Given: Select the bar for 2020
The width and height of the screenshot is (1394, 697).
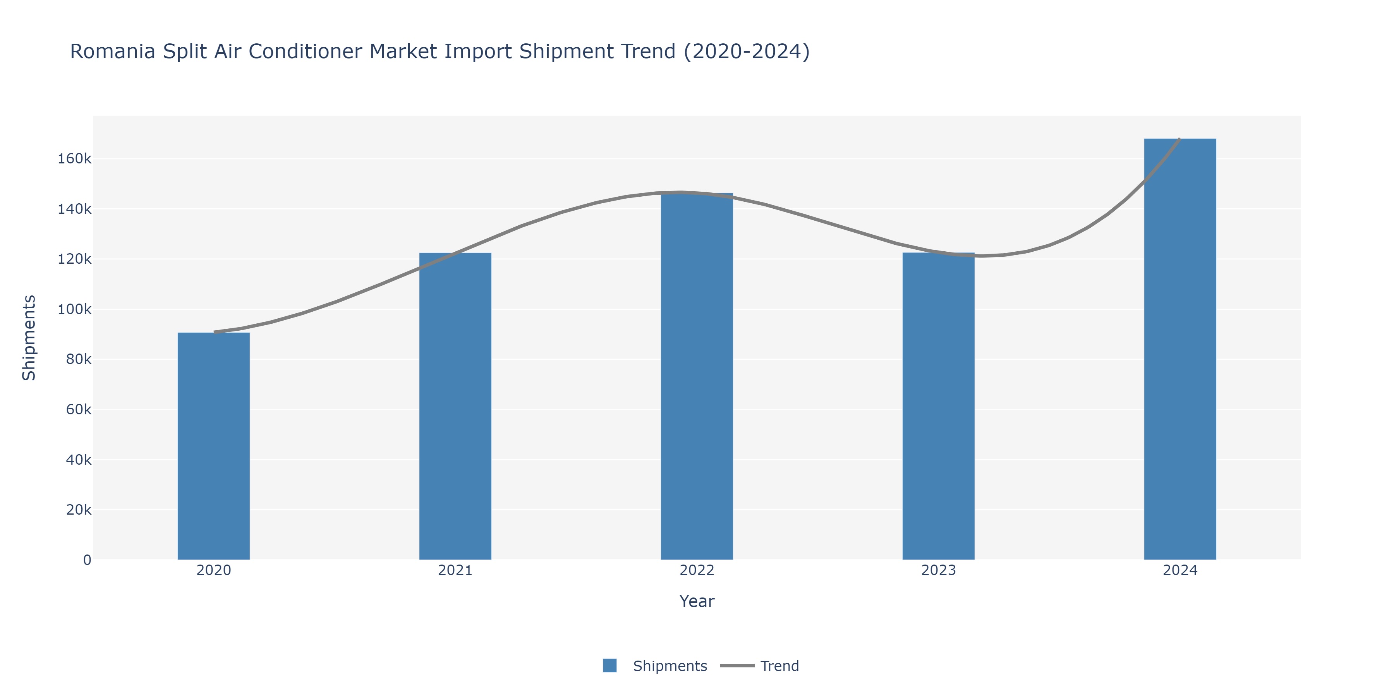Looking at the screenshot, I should [214, 446].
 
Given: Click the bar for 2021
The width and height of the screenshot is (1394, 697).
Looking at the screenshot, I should [455, 406].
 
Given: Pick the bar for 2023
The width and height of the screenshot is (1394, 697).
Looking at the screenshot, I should [938, 406].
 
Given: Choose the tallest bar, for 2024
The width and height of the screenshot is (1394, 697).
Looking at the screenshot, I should [1180, 349].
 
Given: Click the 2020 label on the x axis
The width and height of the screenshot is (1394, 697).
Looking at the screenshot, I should [214, 570].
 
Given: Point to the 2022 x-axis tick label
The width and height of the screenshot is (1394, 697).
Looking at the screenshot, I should [697, 570].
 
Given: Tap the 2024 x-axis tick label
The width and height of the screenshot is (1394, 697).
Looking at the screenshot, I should [1180, 570].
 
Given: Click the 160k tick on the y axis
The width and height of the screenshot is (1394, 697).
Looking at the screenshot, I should [75, 158].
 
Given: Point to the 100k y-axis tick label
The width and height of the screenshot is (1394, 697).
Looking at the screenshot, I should [75, 309].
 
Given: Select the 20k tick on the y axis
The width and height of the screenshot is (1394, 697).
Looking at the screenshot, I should [79, 510].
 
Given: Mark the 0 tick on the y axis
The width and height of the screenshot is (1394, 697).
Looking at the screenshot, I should [87, 560].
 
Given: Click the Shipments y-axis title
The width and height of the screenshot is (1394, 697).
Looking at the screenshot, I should [29, 338].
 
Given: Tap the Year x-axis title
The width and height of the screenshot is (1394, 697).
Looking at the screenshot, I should [697, 601].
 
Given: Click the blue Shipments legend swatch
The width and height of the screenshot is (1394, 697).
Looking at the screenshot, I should [610, 666].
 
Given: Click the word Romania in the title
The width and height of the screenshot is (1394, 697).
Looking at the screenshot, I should [113, 52].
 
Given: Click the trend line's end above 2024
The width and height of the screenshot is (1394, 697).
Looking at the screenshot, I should [1179, 140].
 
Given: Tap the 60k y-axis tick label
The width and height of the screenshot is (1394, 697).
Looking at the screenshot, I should [79, 410].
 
